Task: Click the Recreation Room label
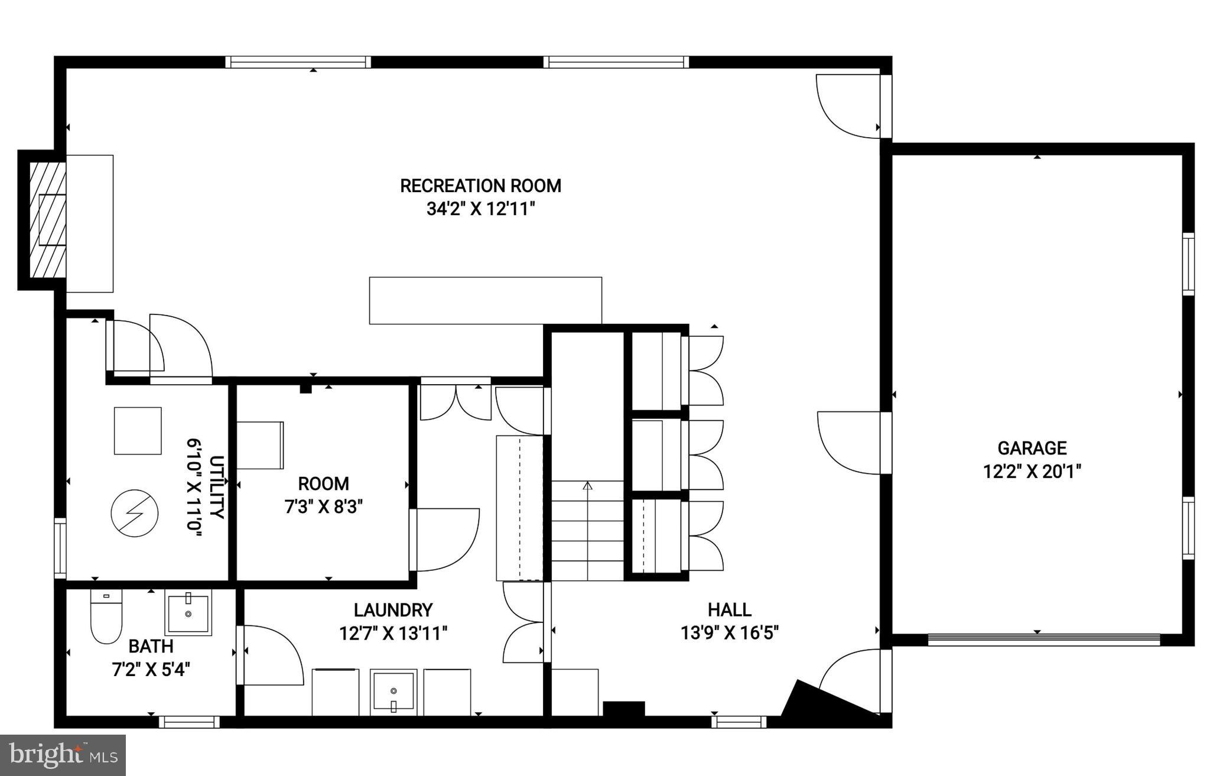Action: pyautogui.click(x=480, y=186)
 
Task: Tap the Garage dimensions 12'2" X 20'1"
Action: pyautogui.click(x=1032, y=472)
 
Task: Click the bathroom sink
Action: pyautogui.click(x=188, y=615)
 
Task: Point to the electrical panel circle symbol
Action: pyautogui.click(x=135, y=513)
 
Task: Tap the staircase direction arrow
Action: pyautogui.click(x=587, y=486)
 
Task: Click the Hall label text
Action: pyautogui.click(x=729, y=609)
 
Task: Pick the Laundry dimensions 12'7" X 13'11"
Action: pyautogui.click(x=393, y=634)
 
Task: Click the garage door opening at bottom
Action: pyautogui.click(x=1043, y=639)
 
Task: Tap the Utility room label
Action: pyautogui.click(x=217, y=487)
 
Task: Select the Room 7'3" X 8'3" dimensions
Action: pyautogui.click(x=323, y=507)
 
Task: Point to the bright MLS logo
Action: pyautogui.click(x=63, y=755)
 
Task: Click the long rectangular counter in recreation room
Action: pyautogui.click(x=485, y=300)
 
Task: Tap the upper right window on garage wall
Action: pyautogui.click(x=1188, y=264)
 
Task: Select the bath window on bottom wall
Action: pyautogui.click(x=189, y=722)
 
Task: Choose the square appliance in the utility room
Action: pyautogui.click(x=138, y=431)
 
